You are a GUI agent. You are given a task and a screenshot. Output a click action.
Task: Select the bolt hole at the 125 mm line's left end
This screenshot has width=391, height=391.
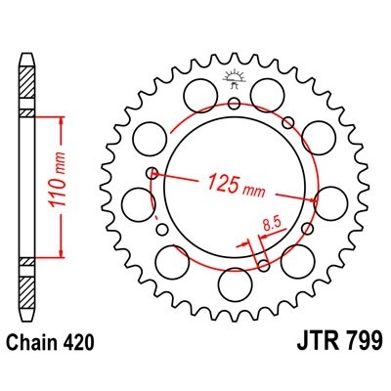152,174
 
